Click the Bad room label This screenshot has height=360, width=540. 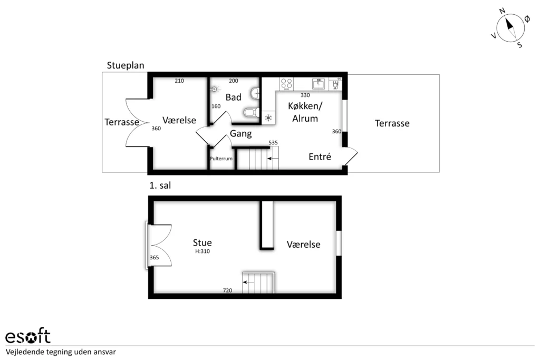[x=233, y=98]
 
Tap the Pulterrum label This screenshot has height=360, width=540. [x=221, y=159]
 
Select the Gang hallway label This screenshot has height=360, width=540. [x=240, y=133]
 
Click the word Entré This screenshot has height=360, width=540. [x=320, y=157]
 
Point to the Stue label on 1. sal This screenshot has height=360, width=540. [x=202, y=242]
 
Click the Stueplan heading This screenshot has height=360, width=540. [x=126, y=65]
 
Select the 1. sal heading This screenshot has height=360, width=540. [x=160, y=186]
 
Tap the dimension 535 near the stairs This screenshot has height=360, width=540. [x=273, y=142]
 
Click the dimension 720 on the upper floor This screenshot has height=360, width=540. [x=227, y=290]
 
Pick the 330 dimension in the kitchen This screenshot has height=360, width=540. [x=305, y=95]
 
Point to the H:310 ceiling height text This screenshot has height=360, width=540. [x=202, y=251]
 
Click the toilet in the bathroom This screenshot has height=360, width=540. [x=252, y=112]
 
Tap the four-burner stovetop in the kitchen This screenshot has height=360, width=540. [x=286, y=84]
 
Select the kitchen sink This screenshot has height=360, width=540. [x=318, y=84]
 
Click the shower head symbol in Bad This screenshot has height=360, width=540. [x=215, y=89]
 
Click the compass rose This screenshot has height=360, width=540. [x=510, y=28]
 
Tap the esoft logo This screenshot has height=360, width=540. [x=28, y=336]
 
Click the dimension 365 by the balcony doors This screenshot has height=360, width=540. [x=155, y=257]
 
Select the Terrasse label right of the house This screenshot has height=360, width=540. [x=392, y=123]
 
